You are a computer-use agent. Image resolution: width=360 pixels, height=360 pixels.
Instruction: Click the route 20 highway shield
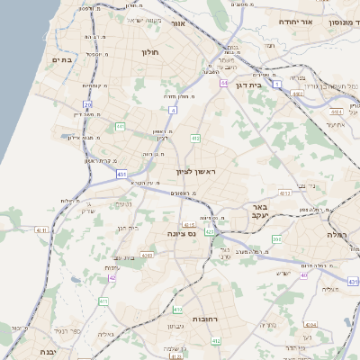tap(88, 105)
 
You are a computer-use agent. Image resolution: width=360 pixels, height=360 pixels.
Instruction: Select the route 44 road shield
tap(223, 83)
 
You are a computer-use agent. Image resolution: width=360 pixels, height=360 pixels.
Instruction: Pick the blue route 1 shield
tap(279, 84)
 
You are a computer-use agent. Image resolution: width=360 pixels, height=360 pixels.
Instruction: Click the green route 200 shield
tap(277, 239)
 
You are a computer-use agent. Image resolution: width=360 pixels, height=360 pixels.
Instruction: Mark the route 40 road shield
tap(304, 275)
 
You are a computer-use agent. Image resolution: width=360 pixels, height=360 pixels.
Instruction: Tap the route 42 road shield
tap(112, 278)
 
